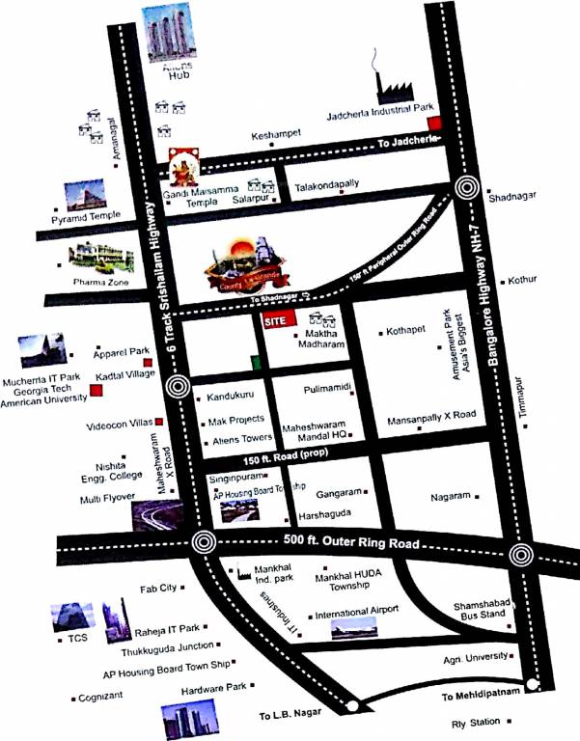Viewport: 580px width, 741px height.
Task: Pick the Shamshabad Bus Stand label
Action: tap(483, 611)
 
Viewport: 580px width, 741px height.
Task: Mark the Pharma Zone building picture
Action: tap(99, 257)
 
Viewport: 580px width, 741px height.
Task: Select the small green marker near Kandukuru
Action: tap(255, 363)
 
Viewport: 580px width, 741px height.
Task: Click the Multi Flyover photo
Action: tap(154, 516)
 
